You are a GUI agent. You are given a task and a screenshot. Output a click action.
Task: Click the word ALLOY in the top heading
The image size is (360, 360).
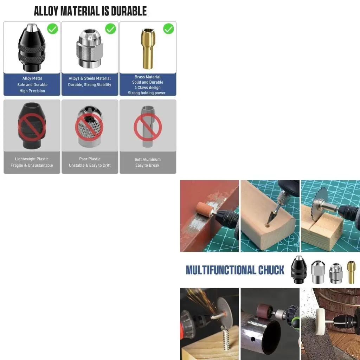click(x=46, y=11)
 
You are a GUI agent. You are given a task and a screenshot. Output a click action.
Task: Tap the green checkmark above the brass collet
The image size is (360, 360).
click(x=168, y=28)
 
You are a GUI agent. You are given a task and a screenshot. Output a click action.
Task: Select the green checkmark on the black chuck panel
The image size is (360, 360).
click(x=53, y=28)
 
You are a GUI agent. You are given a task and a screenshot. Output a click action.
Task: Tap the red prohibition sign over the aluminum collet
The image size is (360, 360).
click(x=148, y=127)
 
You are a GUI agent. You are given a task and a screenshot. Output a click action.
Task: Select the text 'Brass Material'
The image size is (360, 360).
click(x=148, y=77)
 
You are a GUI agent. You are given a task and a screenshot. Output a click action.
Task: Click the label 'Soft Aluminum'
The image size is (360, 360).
click(x=148, y=159)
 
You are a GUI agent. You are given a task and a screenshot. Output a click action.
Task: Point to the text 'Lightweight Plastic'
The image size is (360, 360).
click(x=32, y=159)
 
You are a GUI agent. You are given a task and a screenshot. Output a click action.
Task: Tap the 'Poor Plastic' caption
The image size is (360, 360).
click(x=90, y=159)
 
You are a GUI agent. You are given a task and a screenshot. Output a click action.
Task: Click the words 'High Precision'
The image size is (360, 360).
click(x=32, y=91)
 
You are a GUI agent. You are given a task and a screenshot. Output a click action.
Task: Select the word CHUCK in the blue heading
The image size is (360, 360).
click(x=271, y=270)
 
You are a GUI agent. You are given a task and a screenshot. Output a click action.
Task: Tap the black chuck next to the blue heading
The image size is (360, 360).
click(x=299, y=270)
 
